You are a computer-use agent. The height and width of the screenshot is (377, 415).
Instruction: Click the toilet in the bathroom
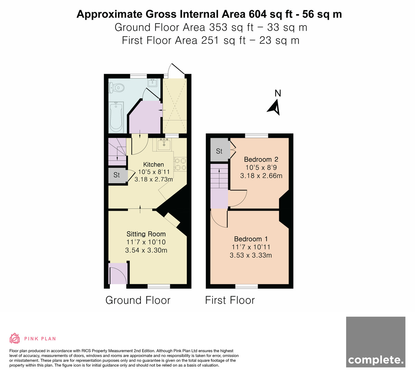click(x=116, y=88)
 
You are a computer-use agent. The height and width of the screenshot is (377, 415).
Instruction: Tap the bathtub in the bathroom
click(x=116, y=117)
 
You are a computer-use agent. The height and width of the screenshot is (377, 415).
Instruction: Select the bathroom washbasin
click(x=153, y=82)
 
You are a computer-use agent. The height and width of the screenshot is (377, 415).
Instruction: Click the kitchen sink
click(x=164, y=144)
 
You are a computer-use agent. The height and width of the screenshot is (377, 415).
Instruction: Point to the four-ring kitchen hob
click(x=180, y=164)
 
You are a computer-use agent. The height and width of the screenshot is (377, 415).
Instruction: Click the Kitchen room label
click(x=154, y=165)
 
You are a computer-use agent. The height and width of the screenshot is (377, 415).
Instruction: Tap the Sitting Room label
click(x=146, y=234)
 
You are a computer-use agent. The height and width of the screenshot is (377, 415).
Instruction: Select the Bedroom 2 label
click(x=261, y=159)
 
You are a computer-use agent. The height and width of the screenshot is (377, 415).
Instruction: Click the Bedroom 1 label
click(x=251, y=239)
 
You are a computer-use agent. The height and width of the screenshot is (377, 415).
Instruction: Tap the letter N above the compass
click(x=278, y=93)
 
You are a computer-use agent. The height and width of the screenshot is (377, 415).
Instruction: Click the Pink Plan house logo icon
click(x=15, y=338)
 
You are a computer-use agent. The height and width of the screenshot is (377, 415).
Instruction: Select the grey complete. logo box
click(x=376, y=345)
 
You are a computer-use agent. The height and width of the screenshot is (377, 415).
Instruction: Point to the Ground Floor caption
click(x=138, y=300)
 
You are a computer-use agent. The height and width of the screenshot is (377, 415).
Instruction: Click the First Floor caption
click(x=230, y=300)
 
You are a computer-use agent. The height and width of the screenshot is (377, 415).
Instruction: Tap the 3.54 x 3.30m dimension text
click(x=146, y=250)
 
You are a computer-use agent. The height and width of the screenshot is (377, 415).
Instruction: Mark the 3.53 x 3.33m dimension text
click(x=251, y=255)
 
